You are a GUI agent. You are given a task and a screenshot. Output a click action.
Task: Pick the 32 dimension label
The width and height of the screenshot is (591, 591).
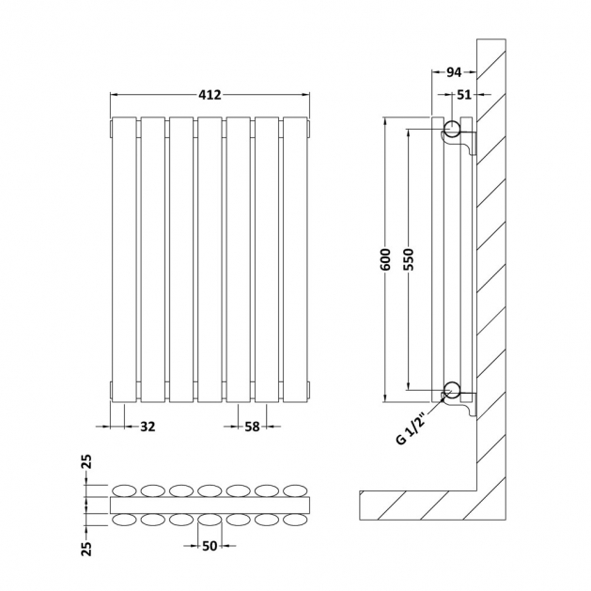pos(147,427)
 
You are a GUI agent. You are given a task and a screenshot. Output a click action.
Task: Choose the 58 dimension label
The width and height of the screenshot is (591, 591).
pos(252,427)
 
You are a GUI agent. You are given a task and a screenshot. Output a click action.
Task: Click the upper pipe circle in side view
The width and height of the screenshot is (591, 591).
pos(451,129)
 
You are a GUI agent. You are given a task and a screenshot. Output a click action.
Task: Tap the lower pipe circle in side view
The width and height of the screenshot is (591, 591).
pos(451,390)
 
